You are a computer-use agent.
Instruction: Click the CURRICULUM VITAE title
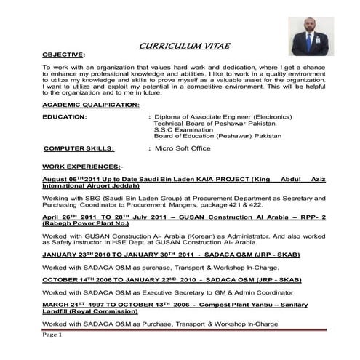pyautogui.click(x=184, y=46)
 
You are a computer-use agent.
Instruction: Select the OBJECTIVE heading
pyautogui.click(x=63, y=55)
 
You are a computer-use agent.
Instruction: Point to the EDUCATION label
pyautogui.click(x=65, y=116)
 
